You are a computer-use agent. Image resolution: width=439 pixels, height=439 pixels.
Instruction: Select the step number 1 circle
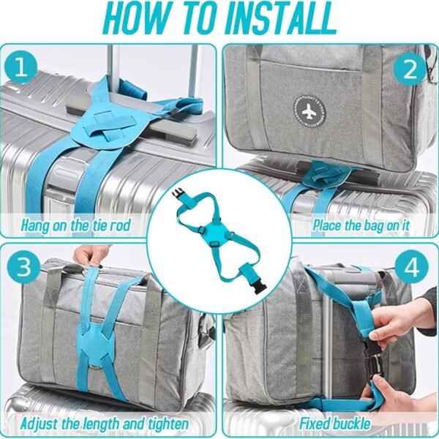coord(23,70)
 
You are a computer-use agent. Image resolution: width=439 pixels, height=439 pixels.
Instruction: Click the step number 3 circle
coord(23,267)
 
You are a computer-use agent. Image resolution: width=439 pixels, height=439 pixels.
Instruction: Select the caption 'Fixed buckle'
coord(334,424)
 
